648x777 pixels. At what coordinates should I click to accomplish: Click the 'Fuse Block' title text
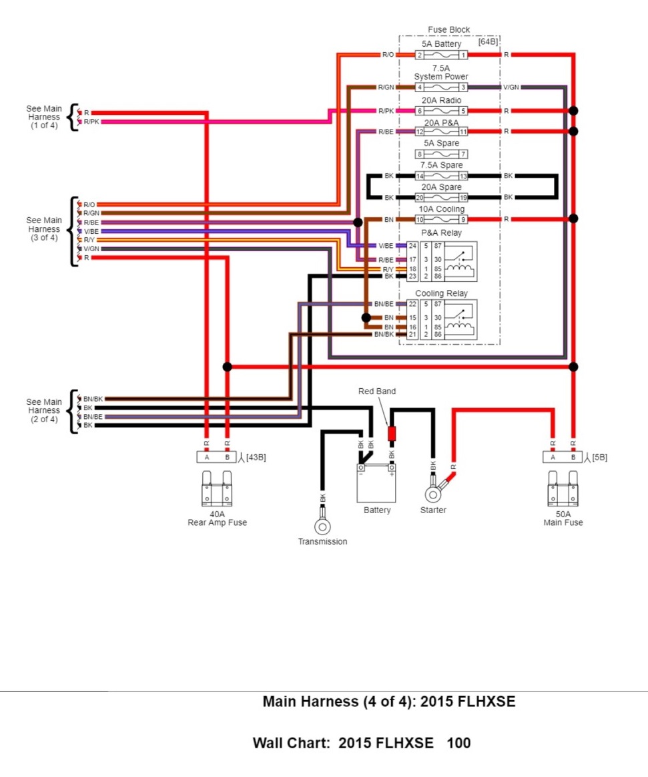[x=448, y=30]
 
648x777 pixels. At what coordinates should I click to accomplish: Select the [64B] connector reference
[x=488, y=41]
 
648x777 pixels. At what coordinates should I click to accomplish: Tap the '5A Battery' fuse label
[x=441, y=44]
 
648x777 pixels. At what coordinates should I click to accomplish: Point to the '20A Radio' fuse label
[x=441, y=100]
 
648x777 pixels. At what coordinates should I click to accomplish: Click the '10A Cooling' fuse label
[x=441, y=209]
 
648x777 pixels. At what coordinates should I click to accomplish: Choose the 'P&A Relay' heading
[x=441, y=233]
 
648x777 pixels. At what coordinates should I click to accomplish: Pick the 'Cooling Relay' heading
[x=441, y=293]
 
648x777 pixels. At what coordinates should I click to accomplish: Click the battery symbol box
[x=376, y=483]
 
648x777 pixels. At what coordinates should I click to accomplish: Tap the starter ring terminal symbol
[x=433, y=494]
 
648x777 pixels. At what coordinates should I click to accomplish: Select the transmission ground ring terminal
[x=322, y=526]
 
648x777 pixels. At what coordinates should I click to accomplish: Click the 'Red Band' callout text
[x=377, y=392]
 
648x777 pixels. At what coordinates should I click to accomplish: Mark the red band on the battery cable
[x=392, y=434]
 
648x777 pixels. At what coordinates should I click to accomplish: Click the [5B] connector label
[x=599, y=458]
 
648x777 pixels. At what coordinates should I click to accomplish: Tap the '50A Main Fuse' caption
[x=563, y=518]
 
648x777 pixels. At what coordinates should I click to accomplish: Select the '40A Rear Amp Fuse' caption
[x=217, y=518]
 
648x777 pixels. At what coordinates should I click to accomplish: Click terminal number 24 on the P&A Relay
[x=412, y=246]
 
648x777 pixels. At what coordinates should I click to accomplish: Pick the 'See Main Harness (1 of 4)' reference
[x=44, y=117]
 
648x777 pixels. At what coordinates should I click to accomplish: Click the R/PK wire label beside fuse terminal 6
[x=386, y=111]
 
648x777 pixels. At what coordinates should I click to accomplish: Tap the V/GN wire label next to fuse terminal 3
[x=511, y=88]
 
